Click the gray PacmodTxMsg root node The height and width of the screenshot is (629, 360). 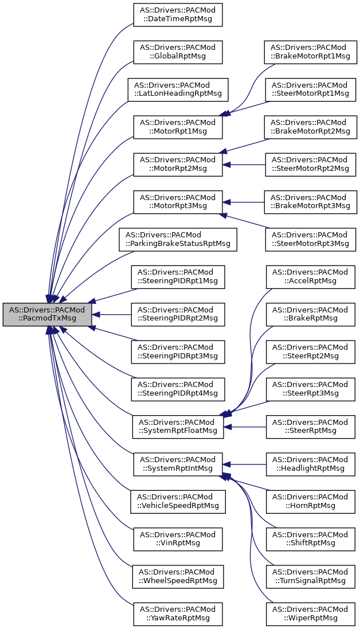tap(48, 314)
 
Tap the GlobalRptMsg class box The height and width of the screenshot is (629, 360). tap(178, 52)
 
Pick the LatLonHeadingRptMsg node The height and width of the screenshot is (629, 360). tap(178, 89)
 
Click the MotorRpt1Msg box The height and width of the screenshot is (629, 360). tap(178, 127)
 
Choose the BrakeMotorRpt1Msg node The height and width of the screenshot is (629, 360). tap(310, 52)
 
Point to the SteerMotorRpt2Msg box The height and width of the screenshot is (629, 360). tap(310, 164)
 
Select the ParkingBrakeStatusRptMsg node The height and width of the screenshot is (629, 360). tap(178, 239)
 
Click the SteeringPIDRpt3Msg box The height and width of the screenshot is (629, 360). tap(178, 351)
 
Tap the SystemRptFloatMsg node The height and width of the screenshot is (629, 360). tap(178, 427)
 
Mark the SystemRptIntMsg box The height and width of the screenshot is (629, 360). tap(178, 464)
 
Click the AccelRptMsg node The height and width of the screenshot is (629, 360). tap(310, 276)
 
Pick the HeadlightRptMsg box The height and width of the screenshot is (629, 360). tap(310, 464)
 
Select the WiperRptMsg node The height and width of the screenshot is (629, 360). tap(310, 614)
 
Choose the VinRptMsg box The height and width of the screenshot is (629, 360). tap(178, 538)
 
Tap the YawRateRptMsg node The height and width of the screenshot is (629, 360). tap(178, 614)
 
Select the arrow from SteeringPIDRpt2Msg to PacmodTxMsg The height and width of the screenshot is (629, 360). tap(112, 314)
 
